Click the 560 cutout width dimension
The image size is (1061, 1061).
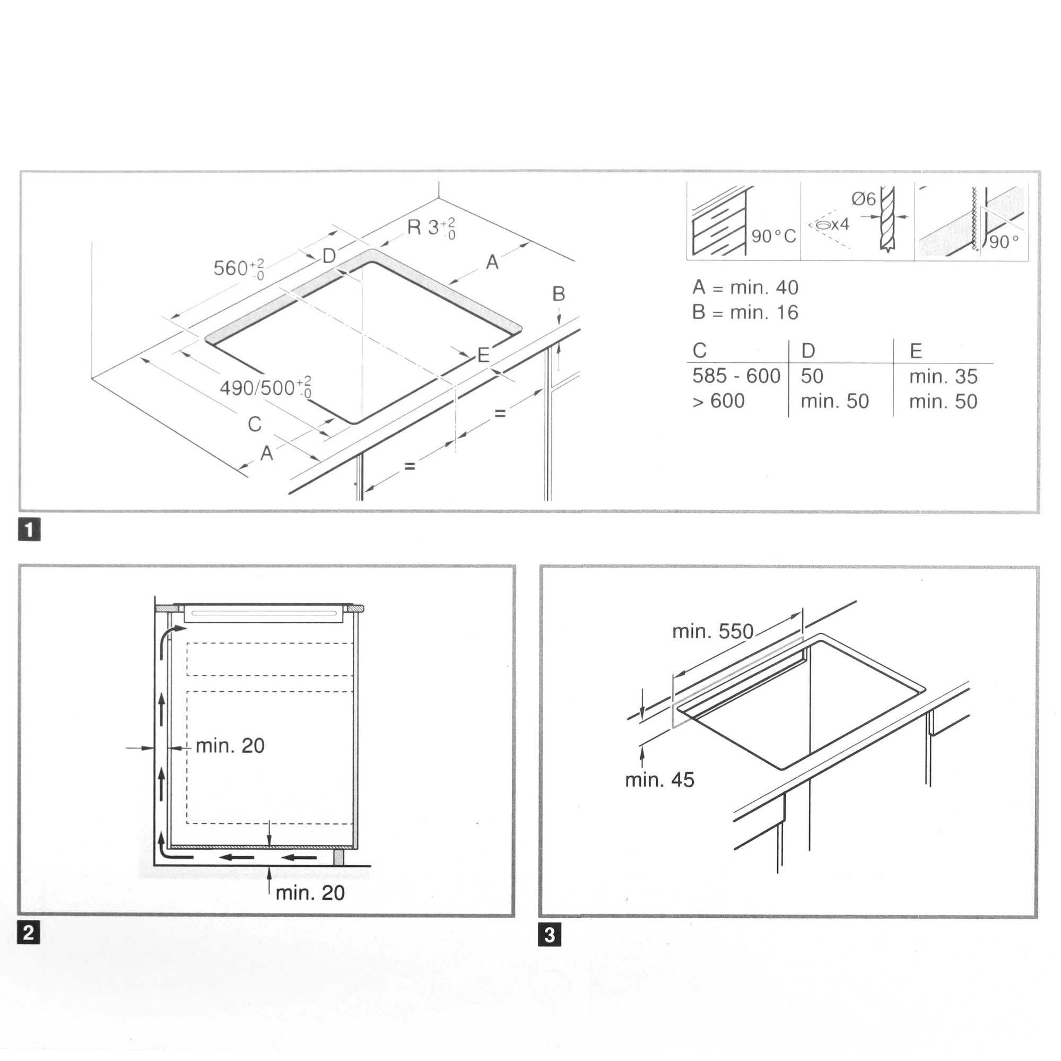tap(239, 268)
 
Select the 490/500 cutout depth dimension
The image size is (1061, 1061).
tap(266, 387)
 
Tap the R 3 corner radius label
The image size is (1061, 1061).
tap(432, 228)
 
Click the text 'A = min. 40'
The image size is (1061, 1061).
tap(745, 287)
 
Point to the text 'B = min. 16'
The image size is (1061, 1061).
tap(745, 312)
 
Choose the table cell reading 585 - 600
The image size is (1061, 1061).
tap(736, 376)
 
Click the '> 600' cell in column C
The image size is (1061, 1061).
tap(718, 402)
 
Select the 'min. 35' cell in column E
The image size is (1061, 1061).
tap(943, 377)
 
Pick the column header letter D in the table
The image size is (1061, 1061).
tap(808, 350)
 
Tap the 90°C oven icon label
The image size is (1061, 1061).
tap(774, 237)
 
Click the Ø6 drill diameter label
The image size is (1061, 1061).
tap(864, 198)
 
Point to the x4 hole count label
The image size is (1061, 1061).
tap(840, 224)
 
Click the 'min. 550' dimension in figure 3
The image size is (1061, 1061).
tap(713, 631)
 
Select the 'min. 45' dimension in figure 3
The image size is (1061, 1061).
tap(659, 780)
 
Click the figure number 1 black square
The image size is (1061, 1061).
tap(29, 530)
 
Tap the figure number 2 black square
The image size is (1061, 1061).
tap(29, 933)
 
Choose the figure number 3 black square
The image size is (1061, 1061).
tap(550, 935)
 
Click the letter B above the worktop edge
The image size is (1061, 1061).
tap(559, 294)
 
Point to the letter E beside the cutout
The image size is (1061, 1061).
tap(483, 355)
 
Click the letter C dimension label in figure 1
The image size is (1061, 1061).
tap(254, 424)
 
